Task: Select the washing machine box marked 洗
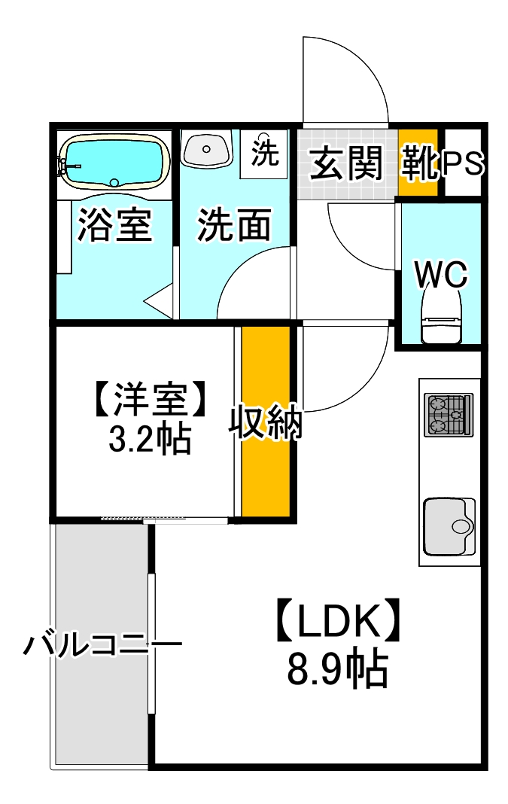click(263, 154)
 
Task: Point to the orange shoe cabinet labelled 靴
click(418, 163)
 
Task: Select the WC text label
click(442, 275)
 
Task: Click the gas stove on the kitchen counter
click(448, 414)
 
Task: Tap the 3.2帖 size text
click(149, 440)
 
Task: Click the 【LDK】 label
click(337, 622)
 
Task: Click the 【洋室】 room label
click(148, 400)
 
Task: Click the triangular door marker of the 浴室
click(160, 302)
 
